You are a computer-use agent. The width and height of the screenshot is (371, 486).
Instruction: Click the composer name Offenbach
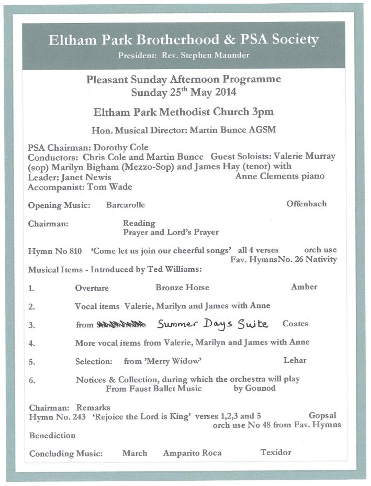pyautogui.click(x=306, y=204)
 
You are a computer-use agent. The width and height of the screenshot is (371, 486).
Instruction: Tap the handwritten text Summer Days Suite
pyautogui.click(x=212, y=324)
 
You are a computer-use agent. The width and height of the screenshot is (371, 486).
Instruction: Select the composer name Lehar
pyautogui.click(x=295, y=360)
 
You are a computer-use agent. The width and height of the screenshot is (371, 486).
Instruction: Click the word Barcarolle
pyautogui.click(x=126, y=205)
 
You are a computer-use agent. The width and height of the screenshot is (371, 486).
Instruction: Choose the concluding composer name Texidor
pyautogui.click(x=276, y=452)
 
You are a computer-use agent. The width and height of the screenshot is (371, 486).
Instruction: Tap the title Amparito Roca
pyautogui.click(x=192, y=452)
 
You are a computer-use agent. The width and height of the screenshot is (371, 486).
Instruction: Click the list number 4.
pyautogui.click(x=31, y=344)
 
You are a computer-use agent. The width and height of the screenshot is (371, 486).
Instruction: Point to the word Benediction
pyautogui.click(x=52, y=435)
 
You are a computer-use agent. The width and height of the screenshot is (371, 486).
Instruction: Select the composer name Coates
pyautogui.click(x=295, y=324)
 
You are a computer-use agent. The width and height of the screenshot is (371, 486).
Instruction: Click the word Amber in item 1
pyautogui.click(x=304, y=286)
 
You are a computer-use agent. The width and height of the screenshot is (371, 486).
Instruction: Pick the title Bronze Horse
pyautogui.click(x=182, y=287)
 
